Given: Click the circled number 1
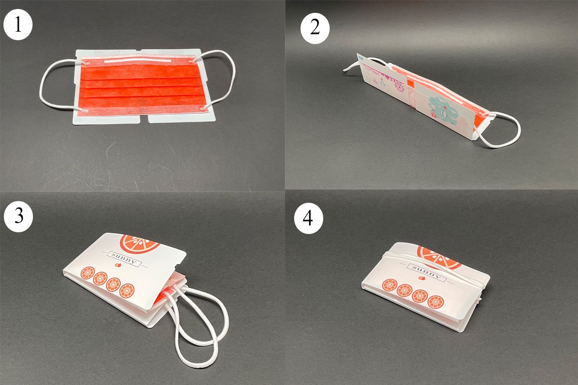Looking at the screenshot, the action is (x=18, y=25).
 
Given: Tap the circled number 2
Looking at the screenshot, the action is (x=315, y=28).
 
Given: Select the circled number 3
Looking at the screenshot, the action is (x=18, y=217).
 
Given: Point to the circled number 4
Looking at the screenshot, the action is (x=309, y=219).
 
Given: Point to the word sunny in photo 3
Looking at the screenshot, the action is (x=124, y=259).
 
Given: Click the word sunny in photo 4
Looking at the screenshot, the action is (x=427, y=272).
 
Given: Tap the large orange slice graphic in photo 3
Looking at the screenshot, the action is (x=140, y=243).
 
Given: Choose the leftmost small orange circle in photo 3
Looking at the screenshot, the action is (x=88, y=273).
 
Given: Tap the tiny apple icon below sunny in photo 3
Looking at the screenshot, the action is (x=119, y=265).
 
